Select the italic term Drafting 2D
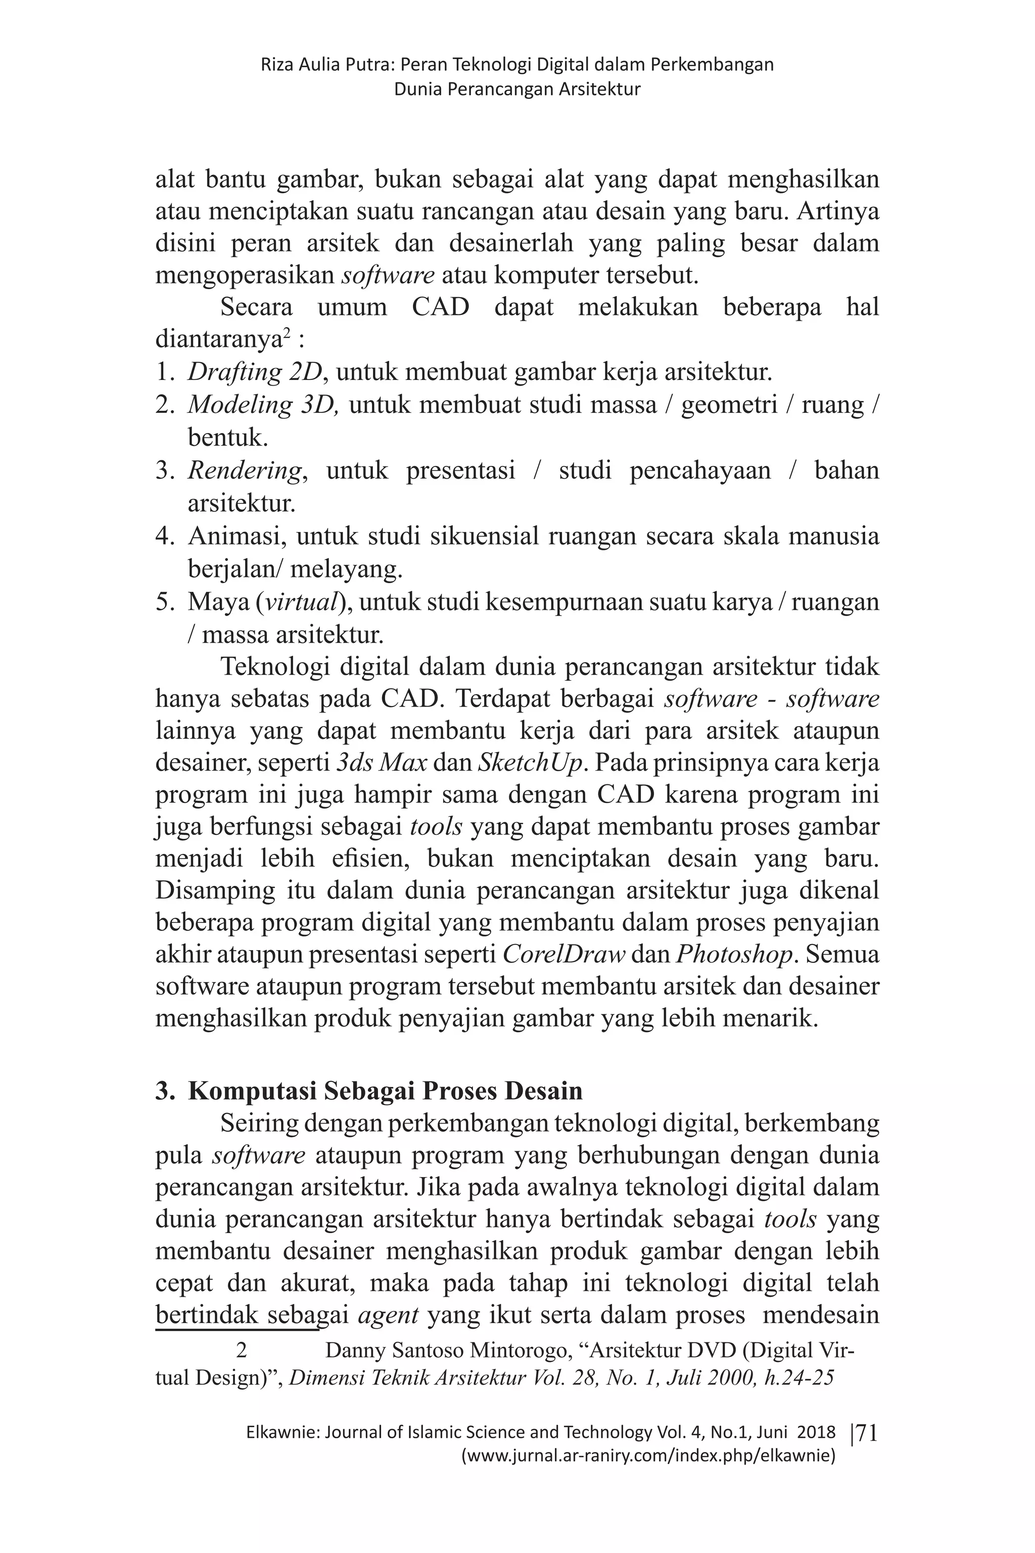tap(255, 372)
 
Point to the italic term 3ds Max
tap(382, 764)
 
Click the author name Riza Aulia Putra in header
tap(326, 65)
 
